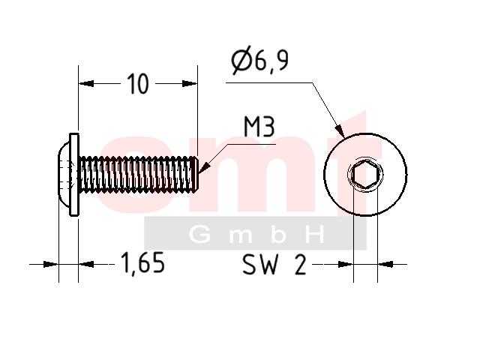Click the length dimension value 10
[x=138, y=84]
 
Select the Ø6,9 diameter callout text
[x=259, y=60]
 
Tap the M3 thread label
[x=259, y=127]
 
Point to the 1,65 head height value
[x=143, y=263]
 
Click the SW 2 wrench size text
[x=274, y=265]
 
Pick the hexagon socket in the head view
[x=365, y=175]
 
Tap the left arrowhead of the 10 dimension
[x=86, y=83]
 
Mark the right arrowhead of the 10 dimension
[x=190, y=83]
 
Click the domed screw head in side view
[x=64, y=175]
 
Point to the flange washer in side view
[x=74, y=175]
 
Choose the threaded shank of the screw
[x=138, y=175]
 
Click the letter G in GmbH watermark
[x=199, y=235]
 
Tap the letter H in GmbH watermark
[x=315, y=235]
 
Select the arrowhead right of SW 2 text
[x=385, y=264]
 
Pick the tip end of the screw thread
[x=196, y=175]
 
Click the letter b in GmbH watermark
[x=278, y=235]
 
